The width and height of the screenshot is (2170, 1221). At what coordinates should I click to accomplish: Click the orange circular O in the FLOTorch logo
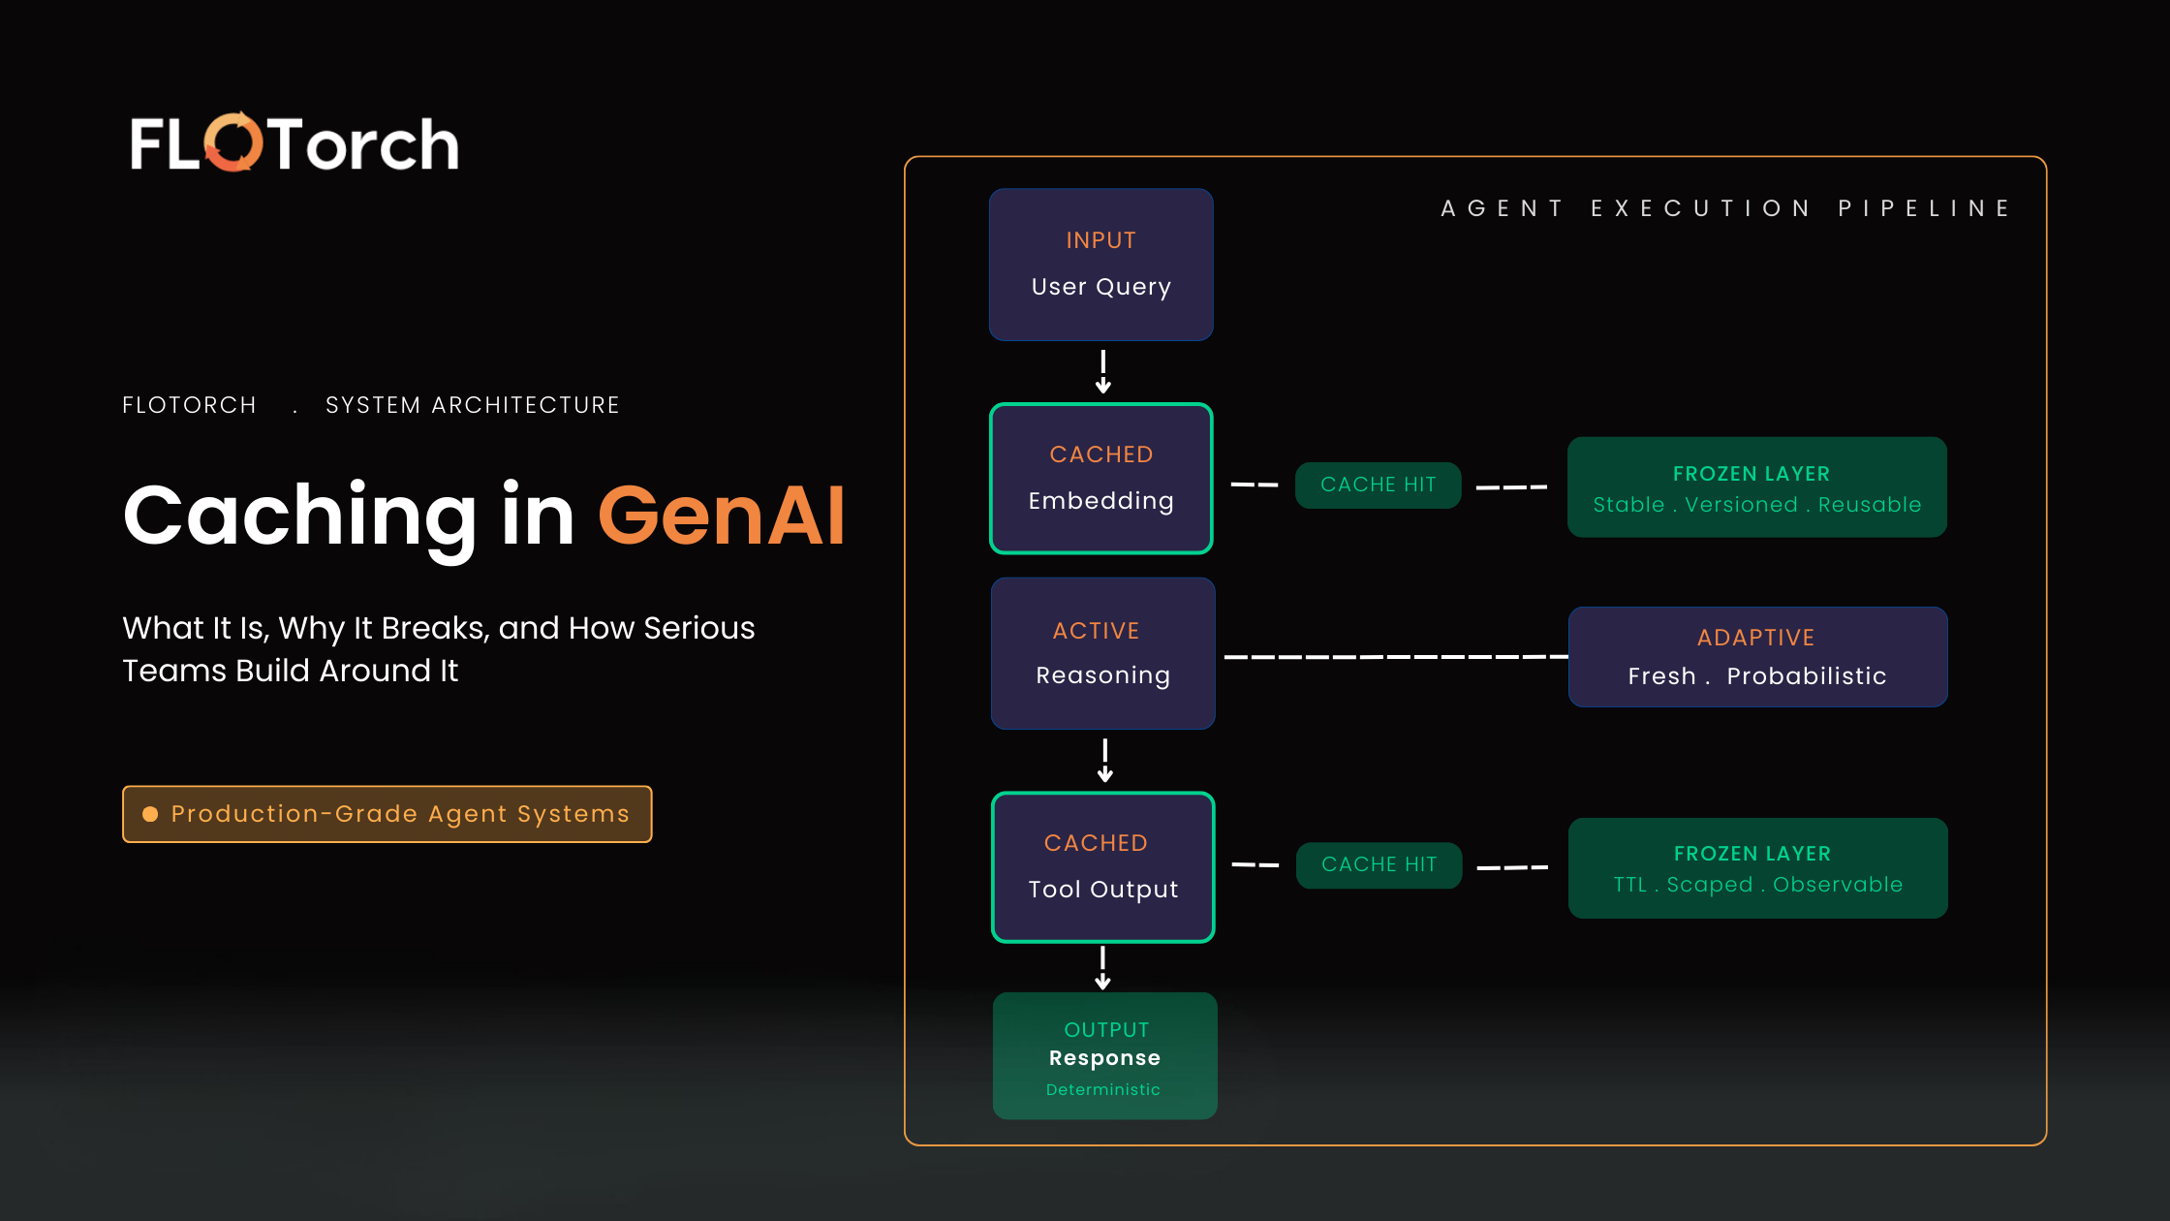tap(233, 142)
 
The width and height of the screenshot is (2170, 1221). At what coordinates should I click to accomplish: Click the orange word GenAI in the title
tap(721, 516)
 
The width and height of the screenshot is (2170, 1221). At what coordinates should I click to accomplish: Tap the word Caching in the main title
tap(300, 516)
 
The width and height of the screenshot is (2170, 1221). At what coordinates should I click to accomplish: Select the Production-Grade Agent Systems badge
tap(387, 814)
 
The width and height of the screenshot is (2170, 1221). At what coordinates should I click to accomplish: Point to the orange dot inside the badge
tap(150, 814)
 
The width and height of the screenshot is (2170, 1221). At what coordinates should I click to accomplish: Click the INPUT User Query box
tap(1101, 265)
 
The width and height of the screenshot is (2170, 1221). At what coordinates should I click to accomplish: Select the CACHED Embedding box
tap(1101, 479)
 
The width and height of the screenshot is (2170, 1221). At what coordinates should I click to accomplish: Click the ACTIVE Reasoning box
tap(1102, 653)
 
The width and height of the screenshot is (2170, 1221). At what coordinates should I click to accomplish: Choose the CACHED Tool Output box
tap(1102, 867)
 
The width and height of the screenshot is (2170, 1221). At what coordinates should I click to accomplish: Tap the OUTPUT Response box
tap(1104, 1056)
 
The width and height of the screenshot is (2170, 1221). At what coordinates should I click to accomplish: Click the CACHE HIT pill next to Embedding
tap(1378, 485)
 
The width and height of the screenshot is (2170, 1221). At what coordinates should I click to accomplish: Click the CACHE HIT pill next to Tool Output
tap(1379, 864)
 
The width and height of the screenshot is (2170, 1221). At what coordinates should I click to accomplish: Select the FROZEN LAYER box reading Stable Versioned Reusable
tap(1756, 487)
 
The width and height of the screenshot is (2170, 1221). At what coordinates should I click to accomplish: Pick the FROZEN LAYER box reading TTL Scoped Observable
tap(1757, 868)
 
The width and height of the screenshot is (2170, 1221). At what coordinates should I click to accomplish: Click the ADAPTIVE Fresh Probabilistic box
tap(1757, 657)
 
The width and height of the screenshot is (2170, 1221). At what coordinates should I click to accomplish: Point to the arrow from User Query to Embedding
tap(1102, 372)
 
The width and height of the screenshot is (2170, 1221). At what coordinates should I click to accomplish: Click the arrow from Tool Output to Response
tap(1102, 967)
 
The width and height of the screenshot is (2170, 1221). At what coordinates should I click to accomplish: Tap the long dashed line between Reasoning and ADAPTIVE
tap(1395, 657)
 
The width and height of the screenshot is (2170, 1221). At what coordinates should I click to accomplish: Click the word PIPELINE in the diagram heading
tap(1924, 208)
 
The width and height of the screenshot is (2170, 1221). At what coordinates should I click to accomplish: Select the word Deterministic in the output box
tap(1102, 1090)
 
